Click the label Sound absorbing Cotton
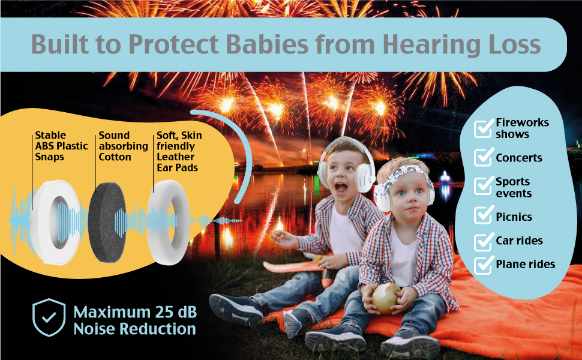tap(122, 146)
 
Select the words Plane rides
tap(525, 264)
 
